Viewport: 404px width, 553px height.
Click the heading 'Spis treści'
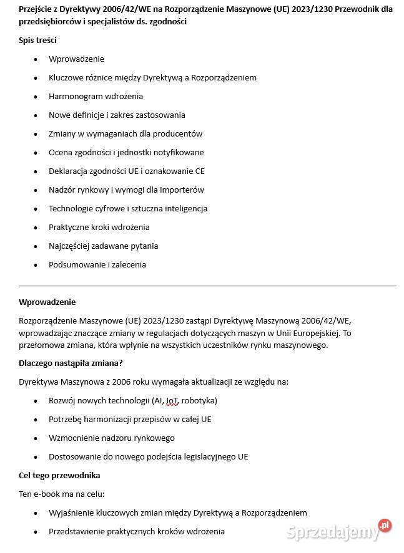[37, 40]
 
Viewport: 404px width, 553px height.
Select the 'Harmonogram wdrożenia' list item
[96, 96]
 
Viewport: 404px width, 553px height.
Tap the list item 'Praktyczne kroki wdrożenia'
[99, 227]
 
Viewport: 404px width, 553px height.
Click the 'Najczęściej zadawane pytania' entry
[103, 246]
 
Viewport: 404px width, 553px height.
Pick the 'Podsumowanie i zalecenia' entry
[97, 264]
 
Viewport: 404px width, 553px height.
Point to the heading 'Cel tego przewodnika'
[59, 475]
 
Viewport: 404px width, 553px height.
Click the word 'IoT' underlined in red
[172, 400]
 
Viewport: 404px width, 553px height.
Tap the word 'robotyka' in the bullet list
[199, 400]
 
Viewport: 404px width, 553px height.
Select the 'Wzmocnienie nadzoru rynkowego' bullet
[111, 438]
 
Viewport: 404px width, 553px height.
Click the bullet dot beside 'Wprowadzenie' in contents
[35, 59]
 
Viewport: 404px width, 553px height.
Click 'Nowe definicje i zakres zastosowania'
[117, 115]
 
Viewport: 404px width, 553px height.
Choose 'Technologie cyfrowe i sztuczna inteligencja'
[128, 208]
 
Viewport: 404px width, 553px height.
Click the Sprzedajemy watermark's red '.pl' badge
[385, 526]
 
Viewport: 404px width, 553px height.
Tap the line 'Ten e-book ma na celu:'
[61, 494]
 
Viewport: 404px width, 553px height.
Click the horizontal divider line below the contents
[207, 286]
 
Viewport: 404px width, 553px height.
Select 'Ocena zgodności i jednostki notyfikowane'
[126, 152]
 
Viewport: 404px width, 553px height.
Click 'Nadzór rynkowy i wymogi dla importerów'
[126, 190]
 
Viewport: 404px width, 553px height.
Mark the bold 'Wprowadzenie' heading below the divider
[47, 302]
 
